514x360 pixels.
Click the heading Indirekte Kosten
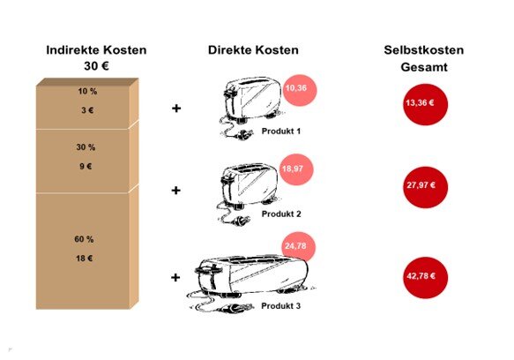click(x=96, y=50)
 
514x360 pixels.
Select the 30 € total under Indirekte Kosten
click(x=96, y=66)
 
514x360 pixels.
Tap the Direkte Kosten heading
click(x=253, y=50)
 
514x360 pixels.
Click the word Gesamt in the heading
click(x=424, y=67)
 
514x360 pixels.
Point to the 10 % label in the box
click(x=87, y=91)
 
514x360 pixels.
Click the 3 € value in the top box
click(x=87, y=110)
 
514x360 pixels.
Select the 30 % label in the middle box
click(x=86, y=147)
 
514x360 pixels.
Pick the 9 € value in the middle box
click(x=86, y=167)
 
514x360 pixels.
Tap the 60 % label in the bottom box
click(x=84, y=239)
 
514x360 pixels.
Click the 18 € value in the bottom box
click(x=85, y=259)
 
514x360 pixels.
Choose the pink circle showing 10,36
click(x=300, y=90)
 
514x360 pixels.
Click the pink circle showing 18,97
click(x=296, y=169)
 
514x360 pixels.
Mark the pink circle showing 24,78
click(x=299, y=247)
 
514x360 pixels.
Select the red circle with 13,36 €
click(x=425, y=105)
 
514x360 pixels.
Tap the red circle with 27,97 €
click(x=425, y=187)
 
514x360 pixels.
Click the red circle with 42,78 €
click(x=425, y=278)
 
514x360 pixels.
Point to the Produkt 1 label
click(x=281, y=131)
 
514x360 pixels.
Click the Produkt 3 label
click(x=281, y=306)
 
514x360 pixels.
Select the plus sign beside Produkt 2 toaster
click(x=176, y=191)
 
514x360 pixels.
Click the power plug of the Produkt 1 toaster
click(x=243, y=134)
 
